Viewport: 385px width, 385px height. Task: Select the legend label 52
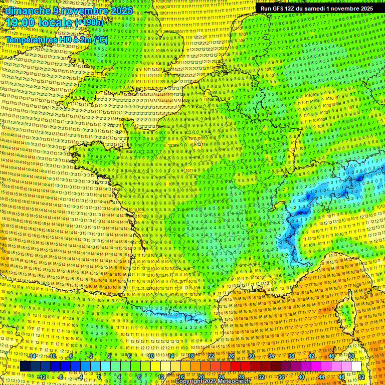click(362, 376)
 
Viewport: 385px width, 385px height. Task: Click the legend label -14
click(32, 356)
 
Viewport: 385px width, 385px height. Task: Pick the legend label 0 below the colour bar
click(99, 376)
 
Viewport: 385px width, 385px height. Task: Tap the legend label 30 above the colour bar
click(251, 356)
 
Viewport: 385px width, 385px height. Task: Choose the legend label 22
click(211, 356)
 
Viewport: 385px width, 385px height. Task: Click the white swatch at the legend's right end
click(356, 366)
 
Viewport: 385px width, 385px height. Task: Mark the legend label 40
click(301, 376)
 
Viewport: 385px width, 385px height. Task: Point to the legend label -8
click(61, 376)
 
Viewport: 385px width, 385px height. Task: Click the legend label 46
click(331, 356)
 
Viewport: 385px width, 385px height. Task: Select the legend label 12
click(161, 376)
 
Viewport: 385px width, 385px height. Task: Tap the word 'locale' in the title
click(56, 23)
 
